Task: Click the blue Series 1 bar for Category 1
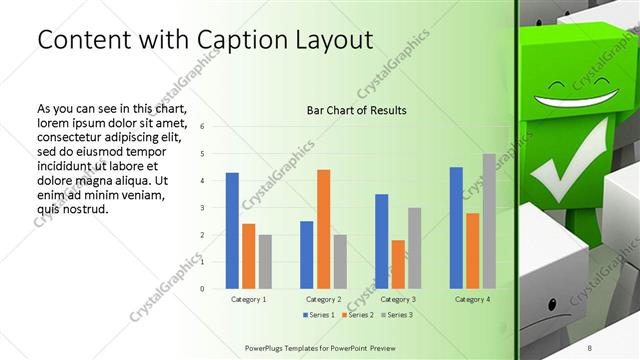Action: coord(232,230)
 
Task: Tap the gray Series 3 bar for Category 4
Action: coord(489,220)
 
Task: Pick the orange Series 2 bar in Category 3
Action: coord(398,264)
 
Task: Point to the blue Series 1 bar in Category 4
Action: coord(456,227)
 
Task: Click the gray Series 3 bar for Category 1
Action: coord(265,261)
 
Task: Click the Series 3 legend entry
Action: coord(396,315)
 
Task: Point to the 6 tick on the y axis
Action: coord(202,127)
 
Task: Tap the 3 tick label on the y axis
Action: coord(202,208)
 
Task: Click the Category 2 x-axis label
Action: coord(323,299)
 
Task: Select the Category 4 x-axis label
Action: coord(472,299)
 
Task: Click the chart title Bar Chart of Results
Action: coord(356,110)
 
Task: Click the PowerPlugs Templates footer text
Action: coord(326,345)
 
